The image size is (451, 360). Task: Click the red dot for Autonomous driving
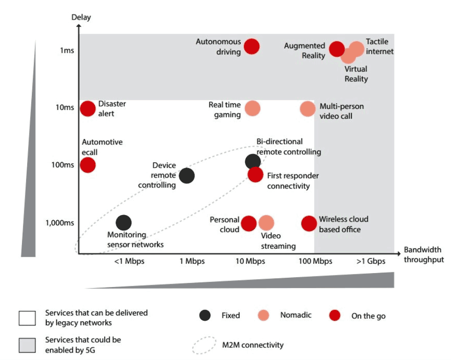pos(252,46)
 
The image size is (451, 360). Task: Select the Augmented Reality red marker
pos(336,49)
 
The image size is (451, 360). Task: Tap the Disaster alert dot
pos(88,108)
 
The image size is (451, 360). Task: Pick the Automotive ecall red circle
pos(88,165)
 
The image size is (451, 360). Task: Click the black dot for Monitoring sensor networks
pos(123,223)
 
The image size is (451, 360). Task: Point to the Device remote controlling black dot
pos(187,176)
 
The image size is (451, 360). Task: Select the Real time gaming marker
pos(252,108)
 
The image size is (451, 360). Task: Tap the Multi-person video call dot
pos(308,108)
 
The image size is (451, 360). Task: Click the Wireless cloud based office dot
pos(309,223)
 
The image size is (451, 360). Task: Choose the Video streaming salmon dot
pos(266,223)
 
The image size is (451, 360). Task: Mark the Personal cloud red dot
pos(249,223)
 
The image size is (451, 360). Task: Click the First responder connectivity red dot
pos(255,174)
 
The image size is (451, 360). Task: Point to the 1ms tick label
pos(67,50)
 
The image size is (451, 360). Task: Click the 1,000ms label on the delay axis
pos(60,223)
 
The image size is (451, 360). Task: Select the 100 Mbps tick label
pos(315,261)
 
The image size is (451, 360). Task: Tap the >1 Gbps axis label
pos(371,261)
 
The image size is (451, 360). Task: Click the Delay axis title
pos(81,18)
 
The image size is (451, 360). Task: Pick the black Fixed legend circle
pos(205,316)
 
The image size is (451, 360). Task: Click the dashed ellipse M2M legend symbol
pos(205,345)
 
